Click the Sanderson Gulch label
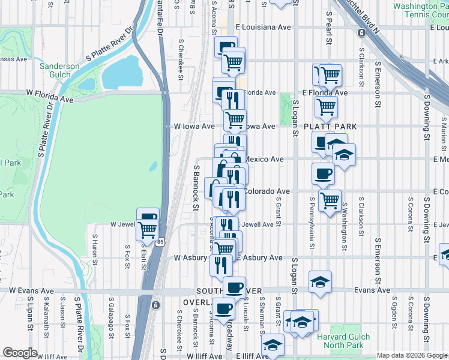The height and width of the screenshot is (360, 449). pyautogui.click(x=59, y=70)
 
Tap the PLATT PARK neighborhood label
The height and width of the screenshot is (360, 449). pyautogui.click(x=330, y=127)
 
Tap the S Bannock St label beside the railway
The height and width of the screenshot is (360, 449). pyautogui.click(x=196, y=188)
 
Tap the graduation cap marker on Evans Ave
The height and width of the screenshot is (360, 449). pyautogui.click(x=321, y=281)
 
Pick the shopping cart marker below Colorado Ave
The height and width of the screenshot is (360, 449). pyautogui.click(x=330, y=200)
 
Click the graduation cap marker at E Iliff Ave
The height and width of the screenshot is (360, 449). pyautogui.click(x=273, y=345)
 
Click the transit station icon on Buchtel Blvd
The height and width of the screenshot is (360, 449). pyautogui.click(x=362, y=32)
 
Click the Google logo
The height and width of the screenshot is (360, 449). pyautogui.click(x=20, y=353)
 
